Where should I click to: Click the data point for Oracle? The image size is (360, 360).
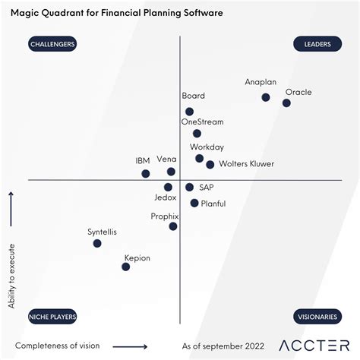coord(286,103)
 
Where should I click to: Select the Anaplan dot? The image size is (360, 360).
coord(265,97)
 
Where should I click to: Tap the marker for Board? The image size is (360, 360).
coord(189,112)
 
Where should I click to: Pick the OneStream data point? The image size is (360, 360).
coord(197,134)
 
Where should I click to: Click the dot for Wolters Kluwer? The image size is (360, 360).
coord(210,164)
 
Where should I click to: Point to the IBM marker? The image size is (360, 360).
coord(146,174)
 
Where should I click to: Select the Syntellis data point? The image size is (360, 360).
coord(97,243)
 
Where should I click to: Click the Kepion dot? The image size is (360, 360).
coord(126,267)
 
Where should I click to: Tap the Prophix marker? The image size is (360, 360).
coord(173,226)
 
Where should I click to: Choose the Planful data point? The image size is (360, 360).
coord(194,203)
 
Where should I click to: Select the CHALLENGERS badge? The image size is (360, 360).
coord(52,44)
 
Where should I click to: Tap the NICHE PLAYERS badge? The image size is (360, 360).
coord(52,316)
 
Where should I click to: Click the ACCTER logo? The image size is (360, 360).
coord(312,346)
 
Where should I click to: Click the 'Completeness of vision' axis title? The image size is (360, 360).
coord(57,346)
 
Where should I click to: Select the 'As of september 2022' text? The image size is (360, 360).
coord(223,346)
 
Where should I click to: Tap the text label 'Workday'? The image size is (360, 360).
coord(207,147)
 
